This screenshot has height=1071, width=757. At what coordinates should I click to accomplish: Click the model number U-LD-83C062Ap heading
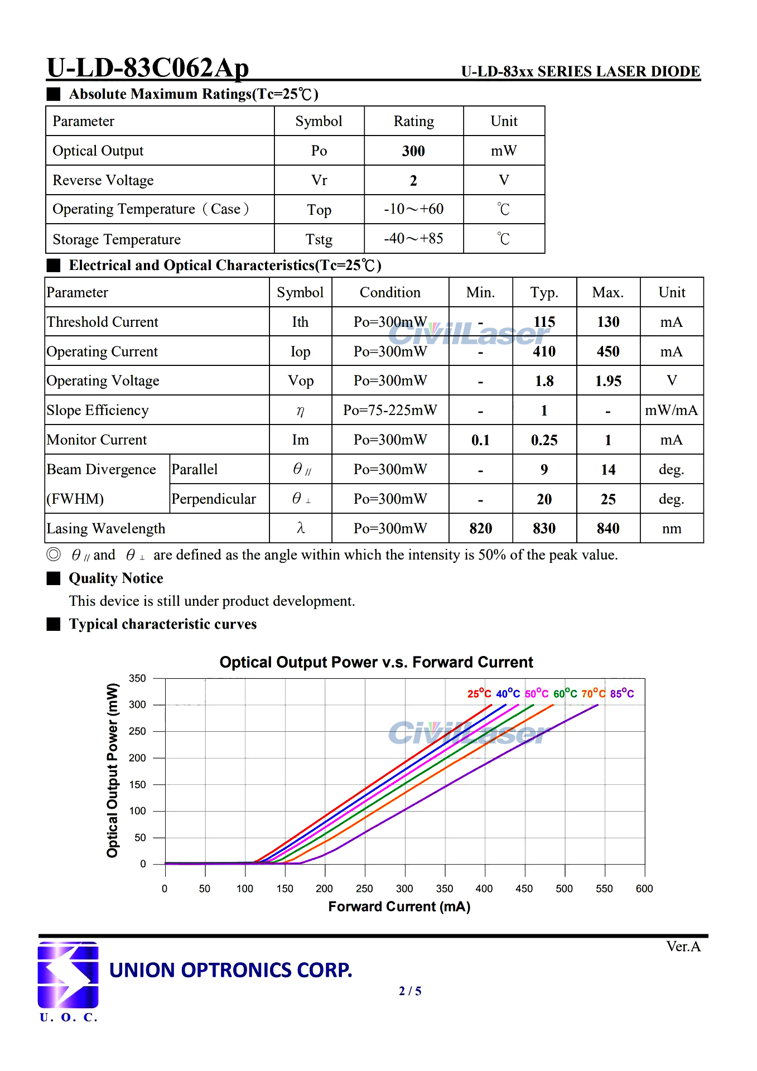148,68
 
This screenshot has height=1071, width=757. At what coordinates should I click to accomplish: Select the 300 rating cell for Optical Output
413,151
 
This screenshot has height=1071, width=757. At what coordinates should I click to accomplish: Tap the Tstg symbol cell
319,239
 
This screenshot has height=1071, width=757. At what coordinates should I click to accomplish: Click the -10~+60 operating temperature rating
413,209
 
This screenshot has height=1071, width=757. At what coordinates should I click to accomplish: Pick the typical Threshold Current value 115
544,322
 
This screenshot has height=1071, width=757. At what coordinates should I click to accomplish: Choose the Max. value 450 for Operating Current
607,351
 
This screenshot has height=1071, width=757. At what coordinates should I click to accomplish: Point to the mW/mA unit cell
671,411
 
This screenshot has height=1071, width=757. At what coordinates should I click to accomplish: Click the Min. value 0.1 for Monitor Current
480,440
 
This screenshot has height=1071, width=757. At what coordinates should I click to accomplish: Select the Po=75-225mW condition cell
390,411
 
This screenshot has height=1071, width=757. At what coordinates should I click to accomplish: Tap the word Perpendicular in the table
214,499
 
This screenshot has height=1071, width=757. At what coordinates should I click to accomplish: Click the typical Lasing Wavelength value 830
544,528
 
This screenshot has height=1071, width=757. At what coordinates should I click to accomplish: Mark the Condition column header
390,292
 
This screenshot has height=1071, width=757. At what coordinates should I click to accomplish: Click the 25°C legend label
479,693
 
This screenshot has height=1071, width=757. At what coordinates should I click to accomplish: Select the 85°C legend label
622,693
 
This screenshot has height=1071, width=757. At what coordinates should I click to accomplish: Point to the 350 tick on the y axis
137,678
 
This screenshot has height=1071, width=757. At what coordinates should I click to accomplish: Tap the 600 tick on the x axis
644,889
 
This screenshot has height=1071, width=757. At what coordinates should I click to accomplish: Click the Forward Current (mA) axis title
399,906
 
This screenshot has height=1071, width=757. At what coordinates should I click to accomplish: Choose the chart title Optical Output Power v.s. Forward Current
377,662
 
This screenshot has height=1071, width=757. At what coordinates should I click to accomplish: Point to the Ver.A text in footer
683,947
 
